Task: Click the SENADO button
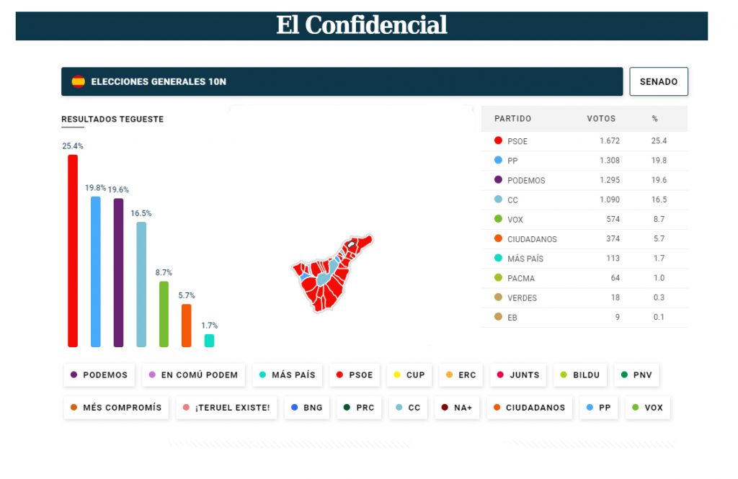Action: coord(659,81)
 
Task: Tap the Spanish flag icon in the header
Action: coord(78,81)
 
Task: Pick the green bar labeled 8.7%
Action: coord(164,314)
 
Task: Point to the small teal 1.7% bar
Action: coord(209,340)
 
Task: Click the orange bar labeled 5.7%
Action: coord(187,326)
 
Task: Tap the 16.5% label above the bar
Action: coord(141,213)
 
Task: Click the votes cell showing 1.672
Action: coord(610,141)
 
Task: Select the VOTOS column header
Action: coord(601,118)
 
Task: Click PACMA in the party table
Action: coord(521,278)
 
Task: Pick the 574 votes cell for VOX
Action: coord(613,219)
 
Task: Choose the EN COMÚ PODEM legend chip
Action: coord(193,375)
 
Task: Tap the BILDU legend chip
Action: coord(580,375)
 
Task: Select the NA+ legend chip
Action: coord(456,408)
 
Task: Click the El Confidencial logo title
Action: coord(362,25)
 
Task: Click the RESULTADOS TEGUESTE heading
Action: coord(112,119)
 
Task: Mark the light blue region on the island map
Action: coord(324,275)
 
